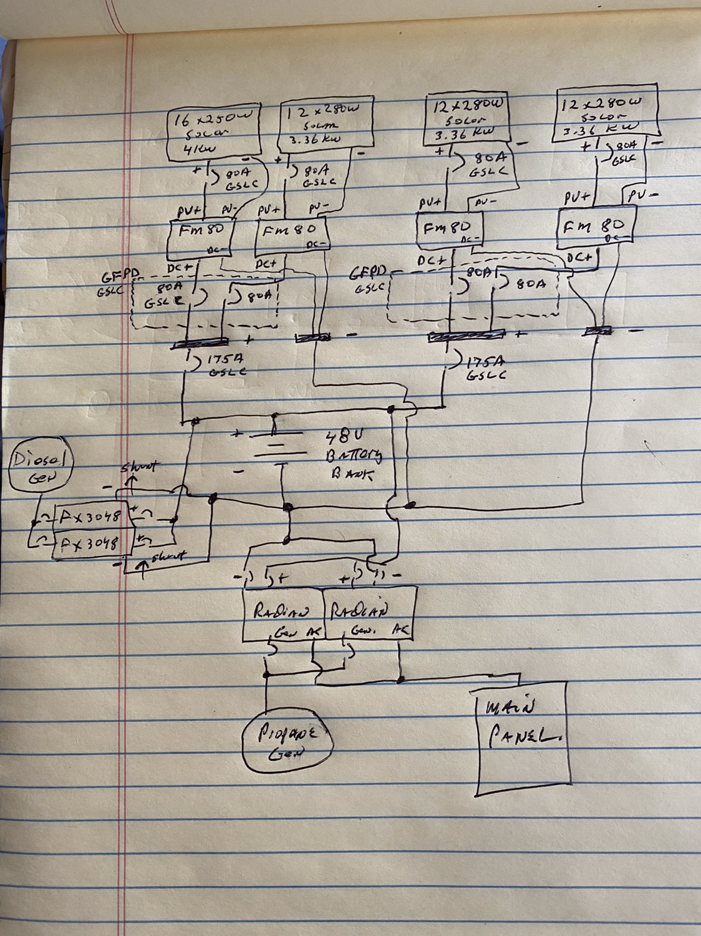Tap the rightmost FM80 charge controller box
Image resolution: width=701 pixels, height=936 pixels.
point(596,226)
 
